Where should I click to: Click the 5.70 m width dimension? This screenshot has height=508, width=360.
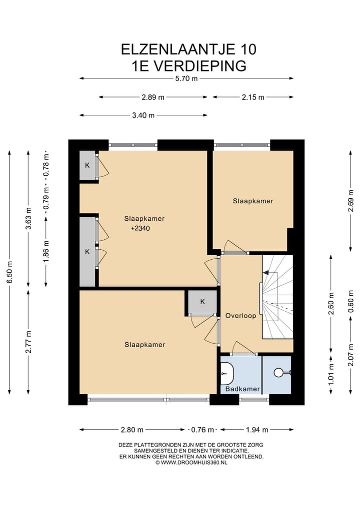[x=186, y=78]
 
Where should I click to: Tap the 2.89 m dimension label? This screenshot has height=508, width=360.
[x=153, y=97]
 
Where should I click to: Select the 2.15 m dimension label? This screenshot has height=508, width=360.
[x=253, y=97]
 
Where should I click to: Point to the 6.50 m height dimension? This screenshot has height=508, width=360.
[x=9, y=272]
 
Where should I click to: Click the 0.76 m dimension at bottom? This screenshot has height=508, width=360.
[x=202, y=430]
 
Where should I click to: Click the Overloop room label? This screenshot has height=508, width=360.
[x=240, y=316]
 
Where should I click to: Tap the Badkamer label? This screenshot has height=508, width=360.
[x=242, y=389]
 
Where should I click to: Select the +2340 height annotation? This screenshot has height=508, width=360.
[x=140, y=228]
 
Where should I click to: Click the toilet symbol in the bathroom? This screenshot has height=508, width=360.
[x=280, y=373]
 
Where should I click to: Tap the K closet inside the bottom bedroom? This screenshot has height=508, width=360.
[x=202, y=302]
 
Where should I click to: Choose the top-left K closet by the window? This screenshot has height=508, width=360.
[x=87, y=165]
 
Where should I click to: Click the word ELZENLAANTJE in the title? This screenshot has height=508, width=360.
[x=177, y=49]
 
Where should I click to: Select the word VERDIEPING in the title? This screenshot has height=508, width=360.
[x=199, y=66]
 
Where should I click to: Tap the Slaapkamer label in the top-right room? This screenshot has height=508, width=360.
[x=253, y=201]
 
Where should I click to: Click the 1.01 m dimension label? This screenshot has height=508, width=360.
[x=331, y=375]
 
